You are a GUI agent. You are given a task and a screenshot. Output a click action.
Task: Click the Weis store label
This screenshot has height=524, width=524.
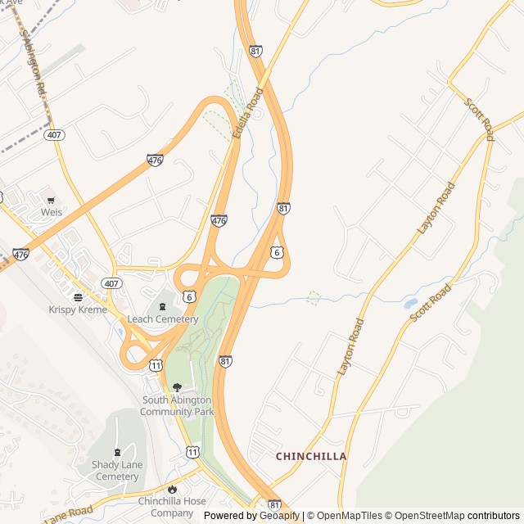[x=52, y=212]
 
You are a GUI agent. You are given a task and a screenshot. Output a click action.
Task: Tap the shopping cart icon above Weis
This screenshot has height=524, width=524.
[x=52, y=199]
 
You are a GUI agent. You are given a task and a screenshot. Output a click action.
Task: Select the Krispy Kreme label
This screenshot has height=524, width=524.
[x=78, y=309]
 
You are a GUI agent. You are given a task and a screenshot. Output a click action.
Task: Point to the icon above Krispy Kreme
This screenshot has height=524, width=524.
[x=78, y=296]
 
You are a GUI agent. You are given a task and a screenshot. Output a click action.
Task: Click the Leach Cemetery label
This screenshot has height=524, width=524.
[x=162, y=319]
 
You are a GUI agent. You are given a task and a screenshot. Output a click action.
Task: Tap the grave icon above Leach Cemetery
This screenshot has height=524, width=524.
[x=161, y=306]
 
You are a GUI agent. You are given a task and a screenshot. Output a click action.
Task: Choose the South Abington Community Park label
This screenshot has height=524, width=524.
[x=177, y=406]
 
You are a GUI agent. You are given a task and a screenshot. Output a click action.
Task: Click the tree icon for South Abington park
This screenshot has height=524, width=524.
[x=177, y=387]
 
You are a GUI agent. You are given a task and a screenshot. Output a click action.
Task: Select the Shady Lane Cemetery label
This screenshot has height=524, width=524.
[x=116, y=471]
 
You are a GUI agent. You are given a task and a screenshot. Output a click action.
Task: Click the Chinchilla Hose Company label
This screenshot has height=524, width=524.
[x=171, y=507]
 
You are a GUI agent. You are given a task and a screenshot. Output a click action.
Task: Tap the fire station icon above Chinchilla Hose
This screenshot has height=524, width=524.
[x=171, y=489]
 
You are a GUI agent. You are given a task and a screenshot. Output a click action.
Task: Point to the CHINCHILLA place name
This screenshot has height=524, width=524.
[x=311, y=456]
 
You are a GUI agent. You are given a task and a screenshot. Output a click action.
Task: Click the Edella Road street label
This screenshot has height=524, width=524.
[x=247, y=112]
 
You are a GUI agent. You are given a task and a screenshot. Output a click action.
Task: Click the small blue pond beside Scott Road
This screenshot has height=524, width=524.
[x=410, y=304]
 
